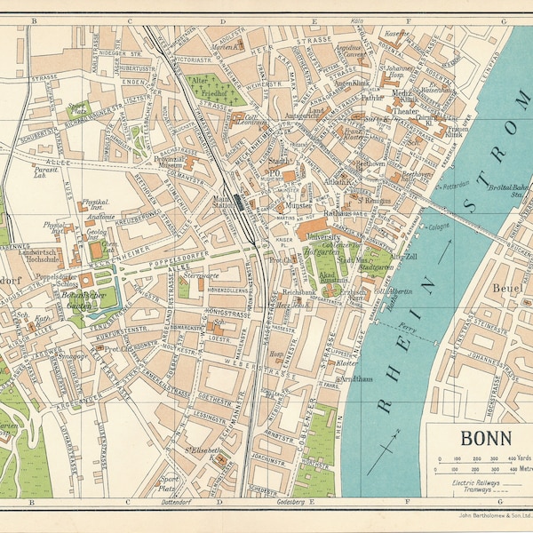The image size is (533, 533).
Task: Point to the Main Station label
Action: tap(224, 203)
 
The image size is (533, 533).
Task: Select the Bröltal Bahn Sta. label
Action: tap(508, 188)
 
